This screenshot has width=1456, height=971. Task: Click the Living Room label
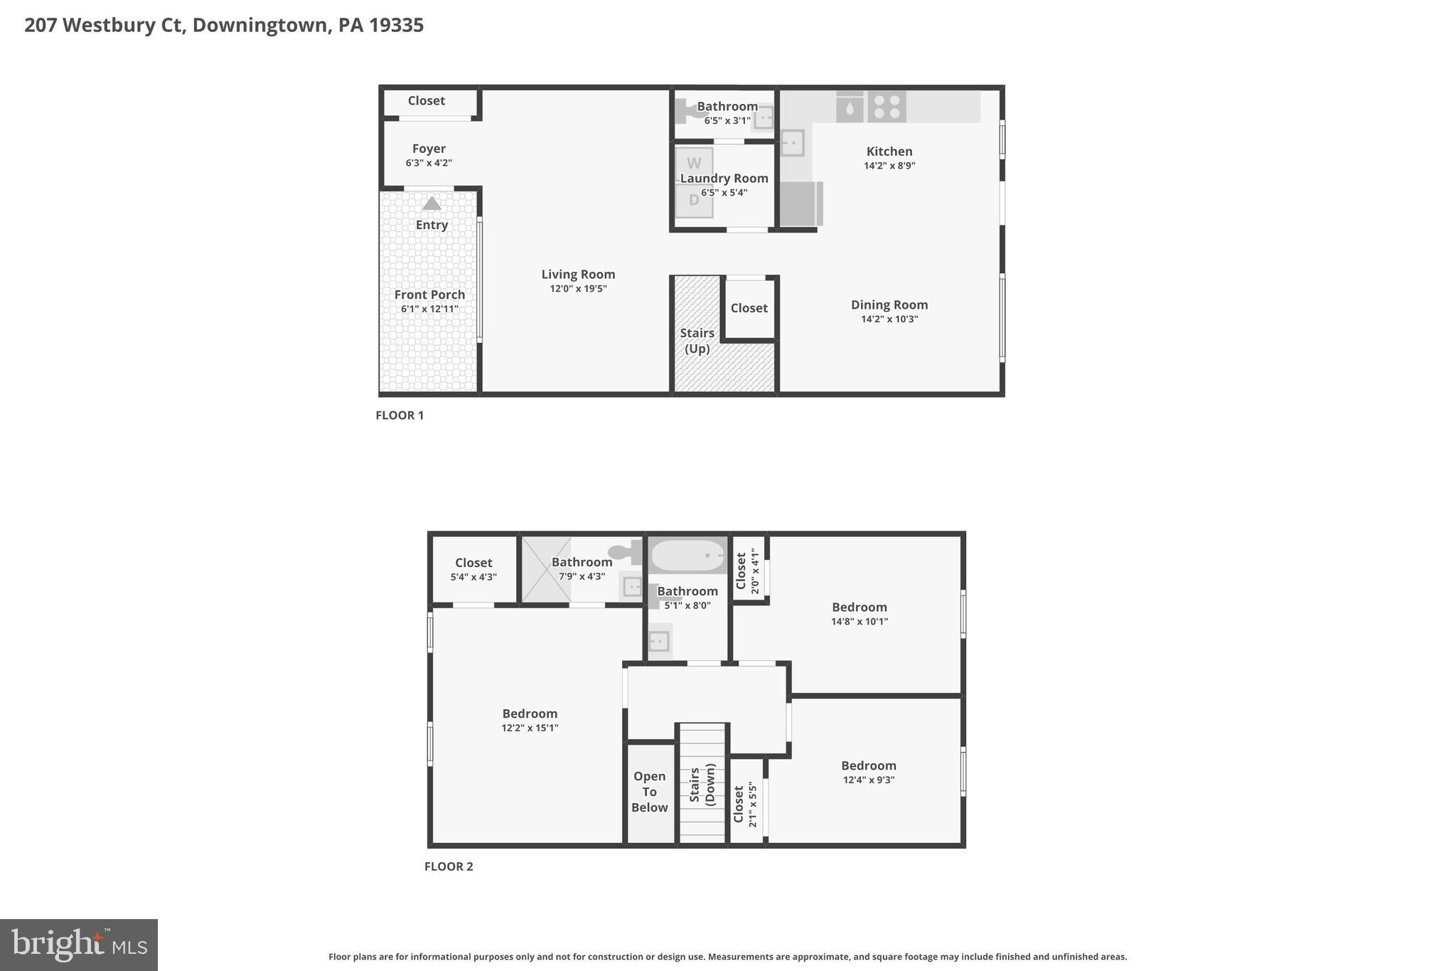click(x=578, y=275)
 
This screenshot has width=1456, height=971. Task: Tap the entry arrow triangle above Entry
click(x=432, y=204)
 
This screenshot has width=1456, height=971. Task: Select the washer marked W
click(x=694, y=164)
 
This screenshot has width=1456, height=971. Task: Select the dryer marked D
click(x=694, y=200)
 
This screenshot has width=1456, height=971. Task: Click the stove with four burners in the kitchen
click(x=887, y=107)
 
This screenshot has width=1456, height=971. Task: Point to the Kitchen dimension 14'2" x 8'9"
click(x=889, y=166)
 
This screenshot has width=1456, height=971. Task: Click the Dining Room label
click(x=889, y=305)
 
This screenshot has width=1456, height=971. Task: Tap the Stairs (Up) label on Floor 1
click(x=697, y=341)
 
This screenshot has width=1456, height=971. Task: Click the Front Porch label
click(x=429, y=295)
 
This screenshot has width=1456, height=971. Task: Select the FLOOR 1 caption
click(x=400, y=415)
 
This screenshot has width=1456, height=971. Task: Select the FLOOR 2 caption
click(x=449, y=866)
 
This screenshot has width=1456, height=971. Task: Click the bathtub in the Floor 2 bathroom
click(x=687, y=556)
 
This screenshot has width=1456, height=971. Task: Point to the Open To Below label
click(x=650, y=792)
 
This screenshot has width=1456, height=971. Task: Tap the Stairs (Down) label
click(x=702, y=785)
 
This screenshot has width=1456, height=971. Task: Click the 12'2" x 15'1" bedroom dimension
click(x=530, y=728)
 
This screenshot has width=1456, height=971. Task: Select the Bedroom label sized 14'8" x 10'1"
click(x=860, y=607)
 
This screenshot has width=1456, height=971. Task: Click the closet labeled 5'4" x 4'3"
click(x=473, y=569)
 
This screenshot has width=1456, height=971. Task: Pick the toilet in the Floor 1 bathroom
click(x=686, y=111)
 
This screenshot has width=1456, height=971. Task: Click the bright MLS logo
click(x=79, y=945)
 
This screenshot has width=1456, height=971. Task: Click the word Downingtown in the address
click(x=261, y=26)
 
